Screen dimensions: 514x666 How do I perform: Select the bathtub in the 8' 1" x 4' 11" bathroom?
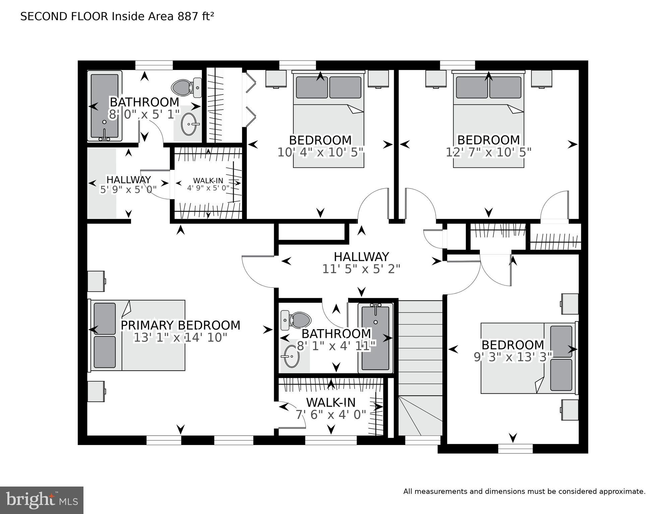(375, 338)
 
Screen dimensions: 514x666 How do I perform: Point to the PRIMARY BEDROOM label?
(180, 325)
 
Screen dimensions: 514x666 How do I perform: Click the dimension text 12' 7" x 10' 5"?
(488, 152)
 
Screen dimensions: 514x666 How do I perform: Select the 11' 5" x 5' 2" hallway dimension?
(361, 269)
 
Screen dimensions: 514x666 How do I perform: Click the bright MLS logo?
(42, 500)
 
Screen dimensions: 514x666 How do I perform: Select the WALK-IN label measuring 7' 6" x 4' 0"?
(330, 402)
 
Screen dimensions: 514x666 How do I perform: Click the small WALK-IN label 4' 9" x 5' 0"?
(208, 181)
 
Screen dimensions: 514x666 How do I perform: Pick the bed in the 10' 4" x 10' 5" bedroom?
(328, 121)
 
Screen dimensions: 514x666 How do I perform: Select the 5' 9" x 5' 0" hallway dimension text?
(128, 190)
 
